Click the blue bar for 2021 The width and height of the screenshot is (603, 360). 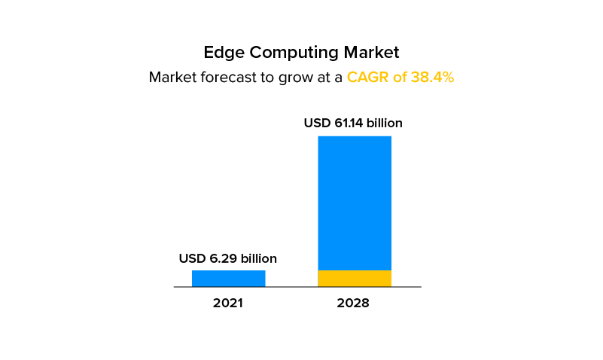[x=228, y=278]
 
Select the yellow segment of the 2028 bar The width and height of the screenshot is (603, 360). [x=355, y=278]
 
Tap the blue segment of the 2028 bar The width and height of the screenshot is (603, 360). [x=355, y=203]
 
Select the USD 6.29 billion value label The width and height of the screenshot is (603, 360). [x=228, y=258]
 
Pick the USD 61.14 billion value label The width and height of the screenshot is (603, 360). [x=353, y=123]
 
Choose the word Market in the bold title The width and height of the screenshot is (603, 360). [x=371, y=53]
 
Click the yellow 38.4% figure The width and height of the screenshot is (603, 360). [x=432, y=77]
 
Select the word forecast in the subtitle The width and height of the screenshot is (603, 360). [x=227, y=77]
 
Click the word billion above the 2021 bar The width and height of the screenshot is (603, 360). [x=257, y=258]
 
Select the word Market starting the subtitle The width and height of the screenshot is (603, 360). [x=171, y=77]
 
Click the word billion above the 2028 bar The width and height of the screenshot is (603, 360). [x=385, y=123]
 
